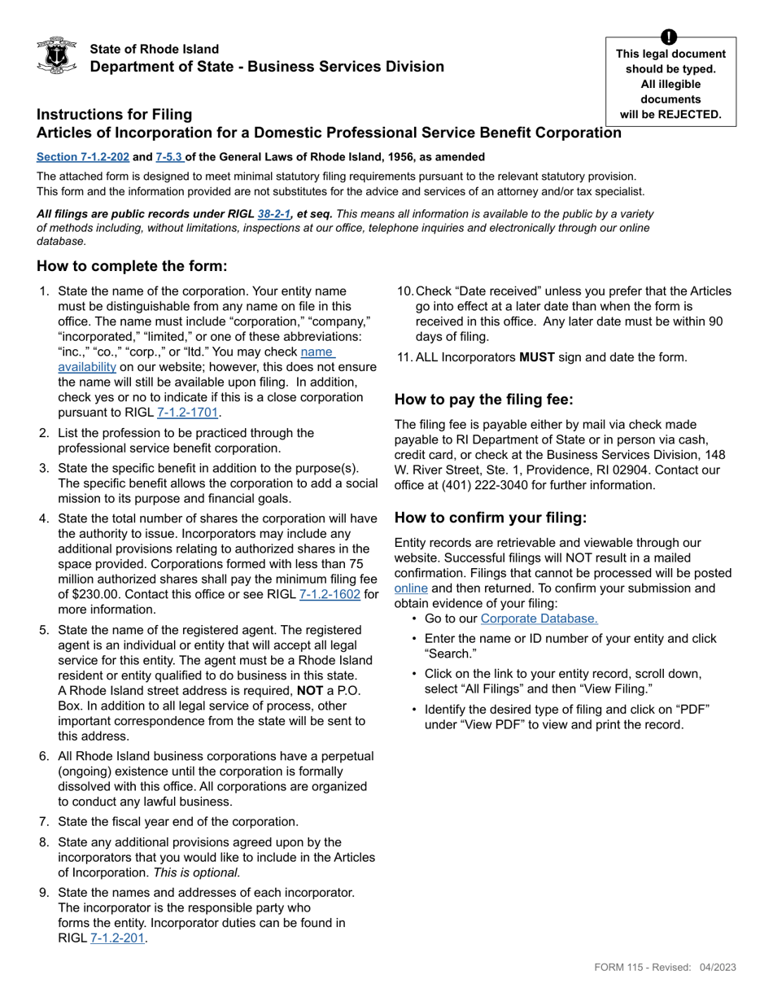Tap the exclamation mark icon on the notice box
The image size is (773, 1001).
669,37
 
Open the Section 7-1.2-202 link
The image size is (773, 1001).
82,156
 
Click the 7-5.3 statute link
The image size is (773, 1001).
169,156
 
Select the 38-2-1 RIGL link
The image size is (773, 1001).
273,214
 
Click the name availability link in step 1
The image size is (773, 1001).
317,352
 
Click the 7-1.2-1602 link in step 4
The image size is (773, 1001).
330,595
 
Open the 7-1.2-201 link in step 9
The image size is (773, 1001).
117,938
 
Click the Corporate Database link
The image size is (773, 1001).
539,619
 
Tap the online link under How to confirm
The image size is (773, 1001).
411,588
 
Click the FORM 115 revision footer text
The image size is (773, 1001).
665,967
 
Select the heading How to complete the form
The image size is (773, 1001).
132,267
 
